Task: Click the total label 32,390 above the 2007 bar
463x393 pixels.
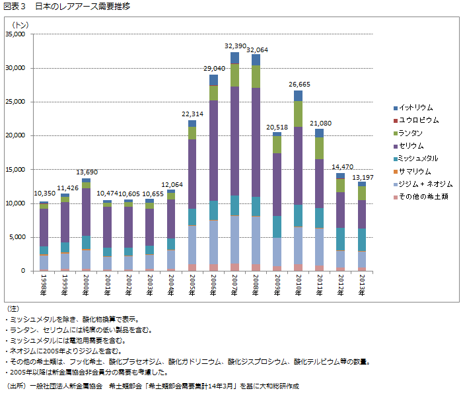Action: tap(236, 46)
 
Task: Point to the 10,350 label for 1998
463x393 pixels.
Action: tap(44, 194)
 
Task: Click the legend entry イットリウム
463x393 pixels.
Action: tap(415, 108)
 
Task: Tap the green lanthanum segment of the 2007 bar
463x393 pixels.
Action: tap(234, 75)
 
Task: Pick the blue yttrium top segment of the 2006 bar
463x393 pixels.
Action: tap(213, 80)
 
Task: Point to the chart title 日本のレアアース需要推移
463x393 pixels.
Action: tap(83, 7)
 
